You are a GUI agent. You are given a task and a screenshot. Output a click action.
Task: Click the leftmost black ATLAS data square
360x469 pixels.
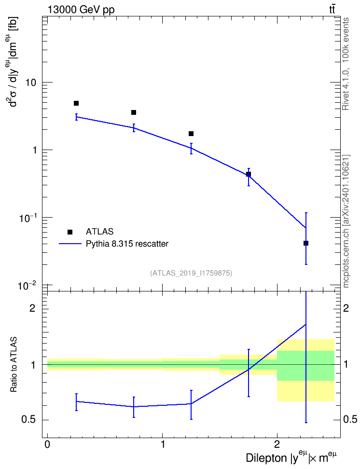click(x=76, y=103)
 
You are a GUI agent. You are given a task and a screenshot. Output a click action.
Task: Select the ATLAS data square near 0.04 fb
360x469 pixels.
click(x=306, y=243)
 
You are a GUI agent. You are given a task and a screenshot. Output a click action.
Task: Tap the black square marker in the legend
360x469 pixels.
click(x=70, y=232)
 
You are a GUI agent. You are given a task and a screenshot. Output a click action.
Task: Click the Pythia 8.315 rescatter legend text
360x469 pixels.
click(x=127, y=244)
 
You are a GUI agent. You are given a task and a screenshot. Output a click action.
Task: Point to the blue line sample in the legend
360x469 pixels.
click(x=70, y=244)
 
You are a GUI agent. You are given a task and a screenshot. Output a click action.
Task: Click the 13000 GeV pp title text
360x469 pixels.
click(x=81, y=10)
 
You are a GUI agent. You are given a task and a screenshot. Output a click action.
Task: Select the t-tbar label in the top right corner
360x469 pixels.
click(x=332, y=10)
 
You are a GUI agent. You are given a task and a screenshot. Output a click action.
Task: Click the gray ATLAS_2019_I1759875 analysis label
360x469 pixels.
click(x=191, y=273)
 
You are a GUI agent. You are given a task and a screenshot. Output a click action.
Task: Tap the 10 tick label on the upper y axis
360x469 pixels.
click(x=30, y=83)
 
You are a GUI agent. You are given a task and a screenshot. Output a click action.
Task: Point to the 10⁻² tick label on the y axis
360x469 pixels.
click(x=27, y=286)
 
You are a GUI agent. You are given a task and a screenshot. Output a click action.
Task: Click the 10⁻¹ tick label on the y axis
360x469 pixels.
click(x=27, y=218)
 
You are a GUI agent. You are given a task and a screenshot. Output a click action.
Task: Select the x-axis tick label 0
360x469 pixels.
click(x=48, y=444)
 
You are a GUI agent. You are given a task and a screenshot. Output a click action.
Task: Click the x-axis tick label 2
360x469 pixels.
click(x=277, y=444)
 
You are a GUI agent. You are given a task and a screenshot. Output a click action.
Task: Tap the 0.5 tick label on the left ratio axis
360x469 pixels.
click(x=29, y=420)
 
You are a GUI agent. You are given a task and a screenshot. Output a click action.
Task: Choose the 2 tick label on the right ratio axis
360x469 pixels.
click(x=346, y=308)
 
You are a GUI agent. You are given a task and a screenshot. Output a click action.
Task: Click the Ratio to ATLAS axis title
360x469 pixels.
click(x=14, y=365)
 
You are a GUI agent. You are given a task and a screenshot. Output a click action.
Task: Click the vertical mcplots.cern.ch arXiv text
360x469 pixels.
click(x=346, y=221)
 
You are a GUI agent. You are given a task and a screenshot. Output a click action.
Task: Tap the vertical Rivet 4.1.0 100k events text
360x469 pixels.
click(x=346, y=64)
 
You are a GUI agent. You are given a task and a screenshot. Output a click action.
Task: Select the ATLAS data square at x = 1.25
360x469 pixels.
click(x=191, y=133)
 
